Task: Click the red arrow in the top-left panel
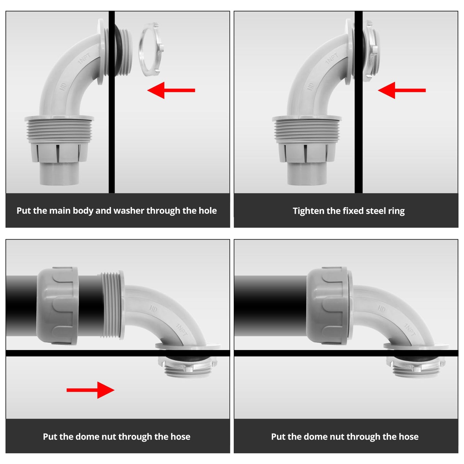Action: [x=171, y=90]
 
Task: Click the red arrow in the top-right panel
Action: [x=402, y=90]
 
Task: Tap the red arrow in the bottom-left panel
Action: [x=91, y=390]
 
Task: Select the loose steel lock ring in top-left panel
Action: [x=152, y=49]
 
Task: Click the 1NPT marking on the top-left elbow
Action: [x=84, y=58]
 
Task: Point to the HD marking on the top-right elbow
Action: [x=311, y=86]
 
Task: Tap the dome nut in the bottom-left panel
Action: [x=57, y=306]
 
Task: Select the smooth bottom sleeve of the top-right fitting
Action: [x=307, y=174]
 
